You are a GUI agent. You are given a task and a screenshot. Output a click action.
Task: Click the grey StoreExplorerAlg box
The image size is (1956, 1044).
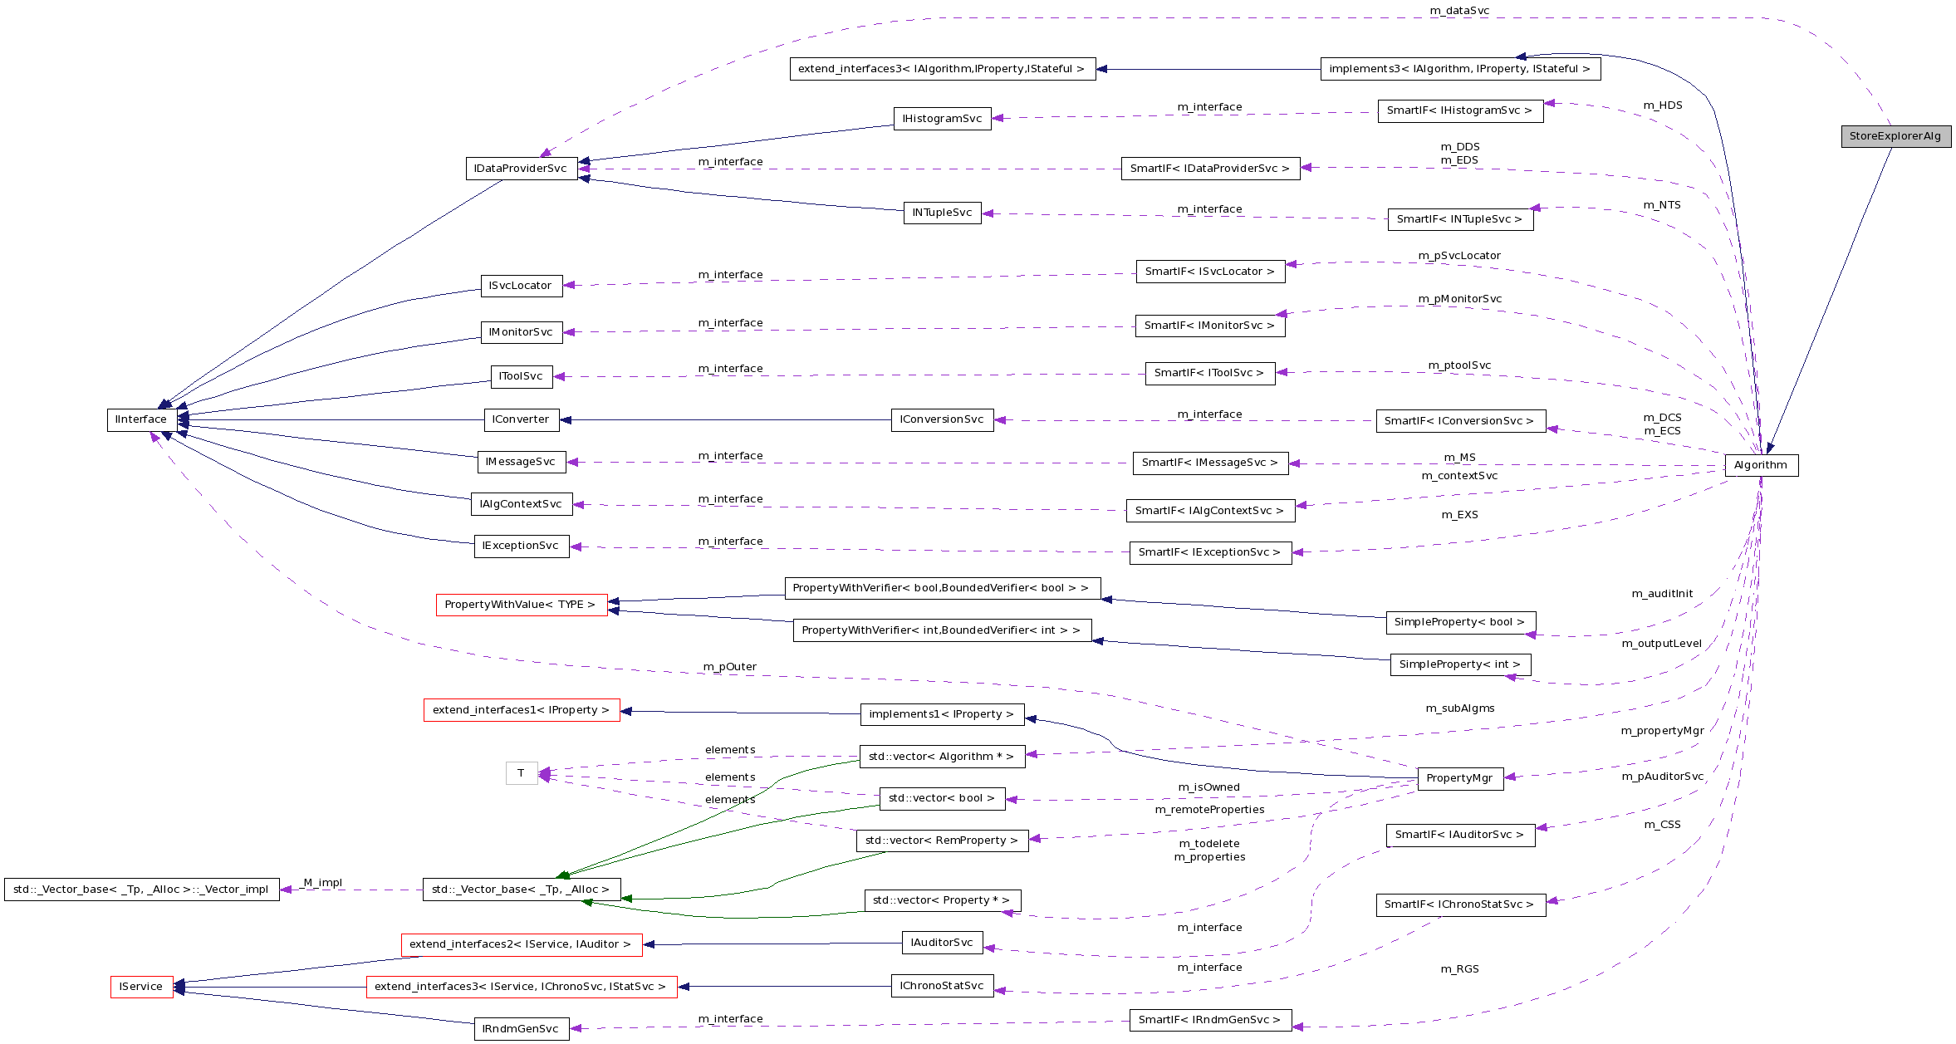coord(1895,136)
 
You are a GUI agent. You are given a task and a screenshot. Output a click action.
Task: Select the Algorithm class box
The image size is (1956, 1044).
coord(1761,465)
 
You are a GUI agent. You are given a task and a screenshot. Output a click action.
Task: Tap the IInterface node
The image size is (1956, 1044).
coord(141,419)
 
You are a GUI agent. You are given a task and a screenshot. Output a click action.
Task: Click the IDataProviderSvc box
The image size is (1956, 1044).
coord(521,169)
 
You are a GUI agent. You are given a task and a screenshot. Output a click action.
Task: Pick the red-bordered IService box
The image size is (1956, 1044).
coord(141,987)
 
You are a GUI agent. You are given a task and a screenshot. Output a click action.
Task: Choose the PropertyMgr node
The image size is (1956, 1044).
coord(1459,778)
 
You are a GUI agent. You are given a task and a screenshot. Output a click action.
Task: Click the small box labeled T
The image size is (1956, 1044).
coord(521,773)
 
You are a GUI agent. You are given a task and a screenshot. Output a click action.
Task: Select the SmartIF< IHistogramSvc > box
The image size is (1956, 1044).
coord(1459,110)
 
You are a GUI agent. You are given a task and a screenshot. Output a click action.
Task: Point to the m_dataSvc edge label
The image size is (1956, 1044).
coord(1459,11)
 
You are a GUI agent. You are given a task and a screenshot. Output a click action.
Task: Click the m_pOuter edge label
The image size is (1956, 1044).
coord(729,667)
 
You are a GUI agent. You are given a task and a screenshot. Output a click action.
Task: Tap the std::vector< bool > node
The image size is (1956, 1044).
coord(941,798)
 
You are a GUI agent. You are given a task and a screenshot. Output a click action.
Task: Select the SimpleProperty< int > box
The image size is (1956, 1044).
coord(1459,664)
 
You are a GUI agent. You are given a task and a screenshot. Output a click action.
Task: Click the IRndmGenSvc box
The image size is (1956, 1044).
coord(521,1029)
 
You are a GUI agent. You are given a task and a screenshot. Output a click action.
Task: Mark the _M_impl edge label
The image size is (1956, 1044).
coord(322,883)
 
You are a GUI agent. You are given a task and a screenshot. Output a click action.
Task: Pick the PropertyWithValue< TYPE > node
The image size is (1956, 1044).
coord(521,605)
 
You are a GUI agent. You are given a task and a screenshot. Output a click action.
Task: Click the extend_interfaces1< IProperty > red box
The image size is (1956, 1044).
coord(521,710)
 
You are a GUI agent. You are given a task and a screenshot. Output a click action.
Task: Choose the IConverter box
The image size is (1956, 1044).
coord(521,419)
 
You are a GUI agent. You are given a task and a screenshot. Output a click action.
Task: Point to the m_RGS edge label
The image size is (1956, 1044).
coord(1459,969)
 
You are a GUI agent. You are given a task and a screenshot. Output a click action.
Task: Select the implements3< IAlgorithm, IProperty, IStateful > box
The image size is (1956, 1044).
coord(1459,69)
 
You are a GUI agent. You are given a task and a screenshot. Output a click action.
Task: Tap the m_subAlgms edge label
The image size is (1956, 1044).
coord(1459,708)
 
